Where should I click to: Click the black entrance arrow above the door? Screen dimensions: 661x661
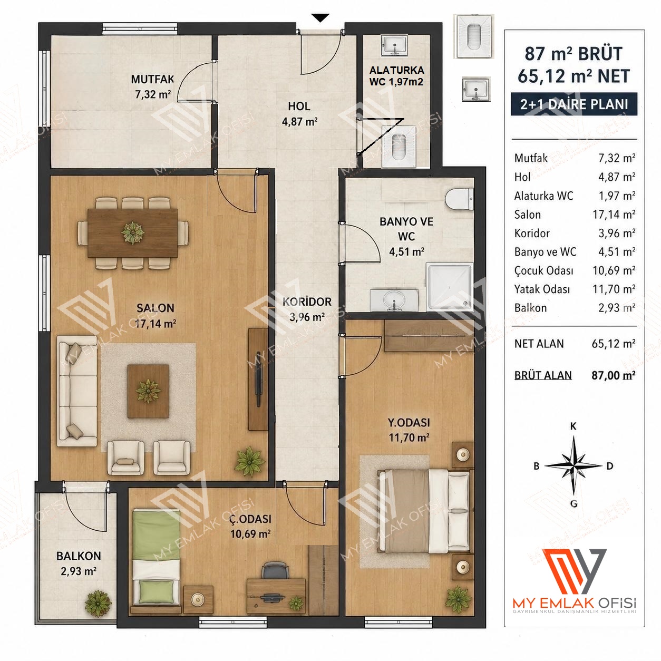[x=320, y=17]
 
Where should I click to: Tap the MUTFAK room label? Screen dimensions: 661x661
[x=152, y=79]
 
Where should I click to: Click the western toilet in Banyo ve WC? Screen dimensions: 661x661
[x=459, y=198]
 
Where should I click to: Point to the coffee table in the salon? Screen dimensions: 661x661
[x=148, y=392]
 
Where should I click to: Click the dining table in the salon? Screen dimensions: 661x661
[x=133, y=233]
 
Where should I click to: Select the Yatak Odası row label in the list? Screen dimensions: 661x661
[x=542, y=289]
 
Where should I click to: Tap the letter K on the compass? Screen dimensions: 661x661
[x=573, y=426]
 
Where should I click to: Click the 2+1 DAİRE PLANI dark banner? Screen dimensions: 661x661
[x=574, y=104]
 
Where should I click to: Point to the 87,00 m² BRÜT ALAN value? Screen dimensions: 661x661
[x=614, y=375]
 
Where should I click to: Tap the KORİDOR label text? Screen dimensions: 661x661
[x=307, y=302]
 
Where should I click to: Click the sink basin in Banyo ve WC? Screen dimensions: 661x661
[x=394, y=300]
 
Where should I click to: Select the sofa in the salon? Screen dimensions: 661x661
[x=77, y=391]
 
